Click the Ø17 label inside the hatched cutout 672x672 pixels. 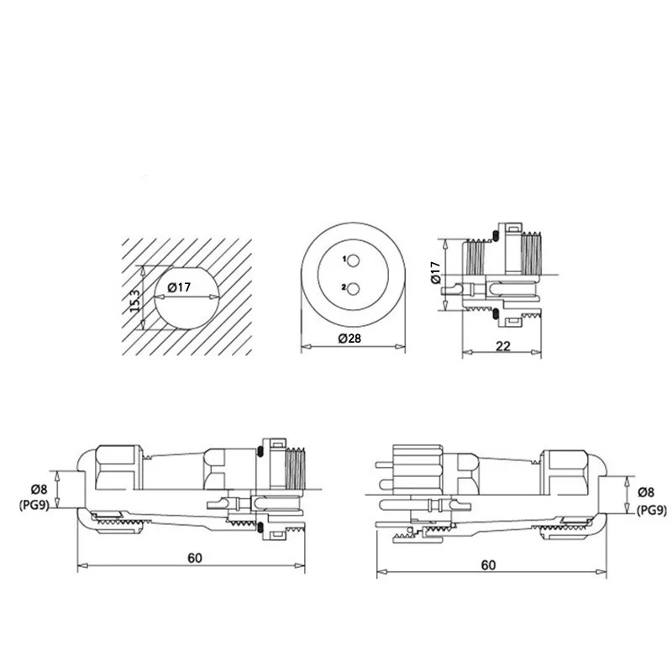(x=179, y=286)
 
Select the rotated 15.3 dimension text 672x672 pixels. (x=134, y=301)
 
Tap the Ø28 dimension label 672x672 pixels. (x=349, y=339)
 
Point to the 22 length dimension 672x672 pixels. (x=502, y=346)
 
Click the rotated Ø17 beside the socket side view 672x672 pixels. (x=435, y=272)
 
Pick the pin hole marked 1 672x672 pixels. (x=354, y=260)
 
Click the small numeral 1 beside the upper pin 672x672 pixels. (x=344, y=259)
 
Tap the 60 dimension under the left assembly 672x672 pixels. (x=195, y=558)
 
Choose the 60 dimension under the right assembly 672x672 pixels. (x=488, y=565)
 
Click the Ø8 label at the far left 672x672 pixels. (x=39, y=489)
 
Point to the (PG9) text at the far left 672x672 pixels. (x=34, y=506)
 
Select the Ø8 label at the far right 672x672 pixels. (x=646, y=492)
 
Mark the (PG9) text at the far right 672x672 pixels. (x=652, y=510)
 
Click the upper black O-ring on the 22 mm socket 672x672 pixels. (x=496, y=236)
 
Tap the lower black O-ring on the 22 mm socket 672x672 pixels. (x=496, y=313)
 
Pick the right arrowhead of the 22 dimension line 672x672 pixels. (x=536, y=352)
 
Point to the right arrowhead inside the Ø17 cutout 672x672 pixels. (x=214, y=297)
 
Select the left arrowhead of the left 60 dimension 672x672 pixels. (x=82, y=565)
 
